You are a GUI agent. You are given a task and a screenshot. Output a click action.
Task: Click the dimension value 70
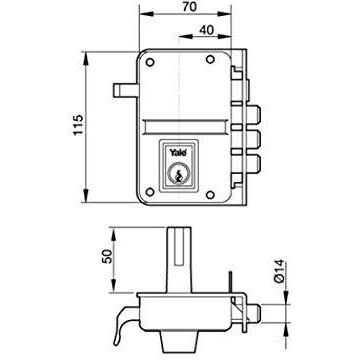(190, 7)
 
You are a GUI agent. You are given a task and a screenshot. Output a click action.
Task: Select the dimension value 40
(207, 30)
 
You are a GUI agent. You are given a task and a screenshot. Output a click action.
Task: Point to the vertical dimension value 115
(78, 125)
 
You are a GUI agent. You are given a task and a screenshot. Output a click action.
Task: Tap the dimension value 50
(107, 256)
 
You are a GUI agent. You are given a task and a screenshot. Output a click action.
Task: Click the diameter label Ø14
(279, 271)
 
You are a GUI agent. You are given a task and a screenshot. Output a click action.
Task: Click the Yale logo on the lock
(177, 153)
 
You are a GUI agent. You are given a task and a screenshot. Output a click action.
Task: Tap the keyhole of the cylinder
(179, 175)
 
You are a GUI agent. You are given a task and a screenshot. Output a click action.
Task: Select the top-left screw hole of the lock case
(150, 62)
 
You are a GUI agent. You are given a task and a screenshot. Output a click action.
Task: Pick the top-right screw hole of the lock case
(210, 60)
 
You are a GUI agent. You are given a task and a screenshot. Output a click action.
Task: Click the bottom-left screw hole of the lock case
(150, 192)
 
